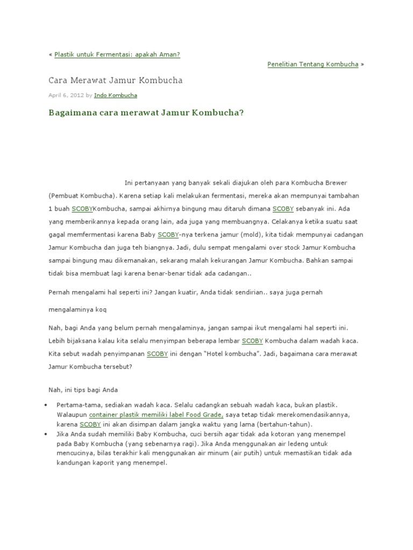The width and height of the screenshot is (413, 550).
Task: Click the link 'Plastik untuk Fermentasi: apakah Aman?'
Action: tap(117, 55)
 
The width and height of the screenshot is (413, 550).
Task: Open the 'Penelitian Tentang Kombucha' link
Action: tap(312, 64)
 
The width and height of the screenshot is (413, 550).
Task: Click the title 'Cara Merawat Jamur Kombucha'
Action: tap(116, 81)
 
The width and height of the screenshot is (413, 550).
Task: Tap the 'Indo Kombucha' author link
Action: tap(115, 96)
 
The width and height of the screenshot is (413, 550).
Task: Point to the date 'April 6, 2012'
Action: tap(66, 96)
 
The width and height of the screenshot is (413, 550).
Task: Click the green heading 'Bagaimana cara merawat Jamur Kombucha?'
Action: tap(146, 114)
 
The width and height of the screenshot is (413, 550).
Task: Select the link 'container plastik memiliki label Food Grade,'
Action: tap(156, 415)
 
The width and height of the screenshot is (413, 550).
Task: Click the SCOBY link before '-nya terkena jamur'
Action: tap(168, 234)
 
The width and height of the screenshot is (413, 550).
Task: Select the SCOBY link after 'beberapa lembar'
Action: tap(252, 341)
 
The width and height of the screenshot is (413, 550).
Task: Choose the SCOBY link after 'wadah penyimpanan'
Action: tap(157, 354)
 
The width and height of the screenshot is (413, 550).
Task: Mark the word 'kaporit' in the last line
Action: tap(101, 462)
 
